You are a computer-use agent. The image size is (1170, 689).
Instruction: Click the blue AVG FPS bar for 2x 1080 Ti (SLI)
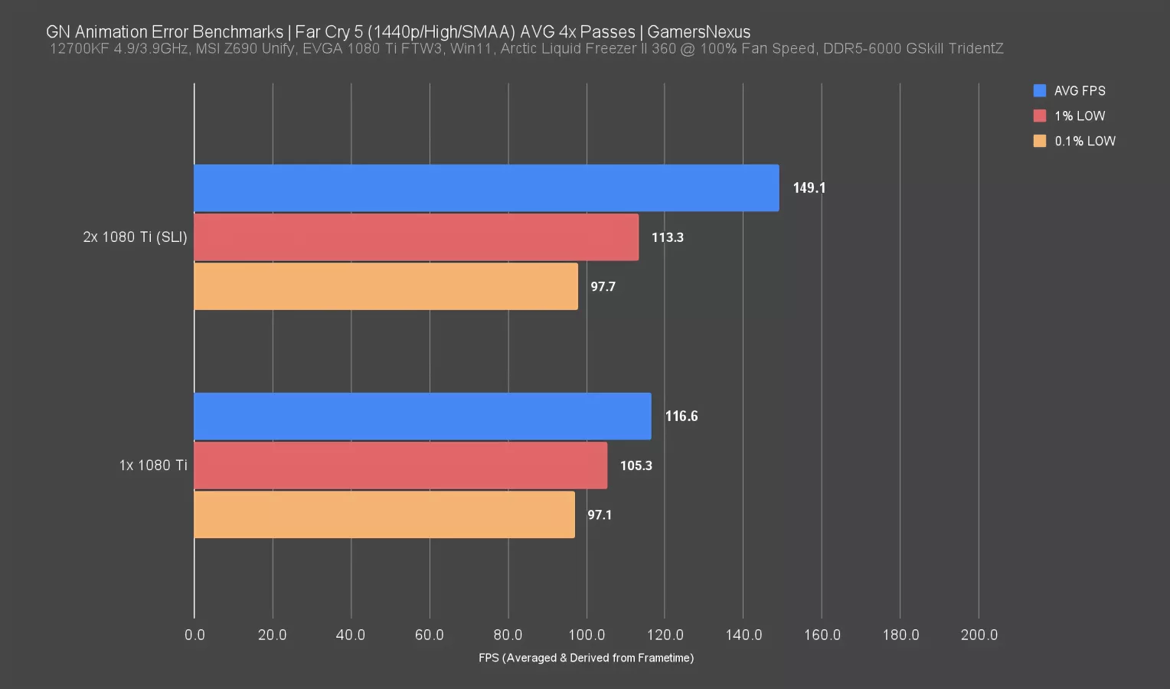[486, 188]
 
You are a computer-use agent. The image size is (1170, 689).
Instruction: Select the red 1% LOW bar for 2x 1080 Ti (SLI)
[416, 237]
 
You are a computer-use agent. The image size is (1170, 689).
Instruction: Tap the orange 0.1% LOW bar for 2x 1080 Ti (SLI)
[386, 286]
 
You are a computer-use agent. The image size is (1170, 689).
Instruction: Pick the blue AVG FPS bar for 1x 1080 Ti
[422, 416]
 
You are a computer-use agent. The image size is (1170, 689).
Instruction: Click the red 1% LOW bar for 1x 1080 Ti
[400, 465]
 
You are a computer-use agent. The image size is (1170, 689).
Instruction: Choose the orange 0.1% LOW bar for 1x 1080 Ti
[384, 514]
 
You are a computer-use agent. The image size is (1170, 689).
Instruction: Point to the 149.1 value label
[809, 188]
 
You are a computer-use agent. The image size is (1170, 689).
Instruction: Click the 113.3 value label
[667, 237]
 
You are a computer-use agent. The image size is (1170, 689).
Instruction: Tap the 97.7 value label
[603, 286]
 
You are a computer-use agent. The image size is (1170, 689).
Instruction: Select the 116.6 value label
[681, 416]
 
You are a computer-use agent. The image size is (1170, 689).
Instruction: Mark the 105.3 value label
[636, 465]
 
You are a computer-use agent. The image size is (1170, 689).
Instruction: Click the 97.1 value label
[600, 514]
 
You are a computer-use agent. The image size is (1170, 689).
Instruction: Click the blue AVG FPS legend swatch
[1039, 90]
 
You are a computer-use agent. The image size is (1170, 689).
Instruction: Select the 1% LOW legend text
[1080, 116]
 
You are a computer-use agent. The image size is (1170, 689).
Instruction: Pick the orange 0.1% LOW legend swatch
[1039, 141]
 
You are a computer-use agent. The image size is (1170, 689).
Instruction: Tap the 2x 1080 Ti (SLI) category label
[135, 237]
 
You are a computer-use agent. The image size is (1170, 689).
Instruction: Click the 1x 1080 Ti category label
[152, 465]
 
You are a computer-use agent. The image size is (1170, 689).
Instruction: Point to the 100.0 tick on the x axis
[587, 635]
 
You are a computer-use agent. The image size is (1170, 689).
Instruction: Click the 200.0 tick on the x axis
[979, 635]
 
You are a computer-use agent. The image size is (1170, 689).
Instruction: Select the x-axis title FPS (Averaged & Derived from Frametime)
[586, 658]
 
